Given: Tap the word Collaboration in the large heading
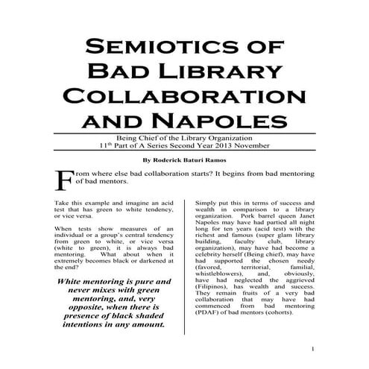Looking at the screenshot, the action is pyautogui.click(x=185, y=97).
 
